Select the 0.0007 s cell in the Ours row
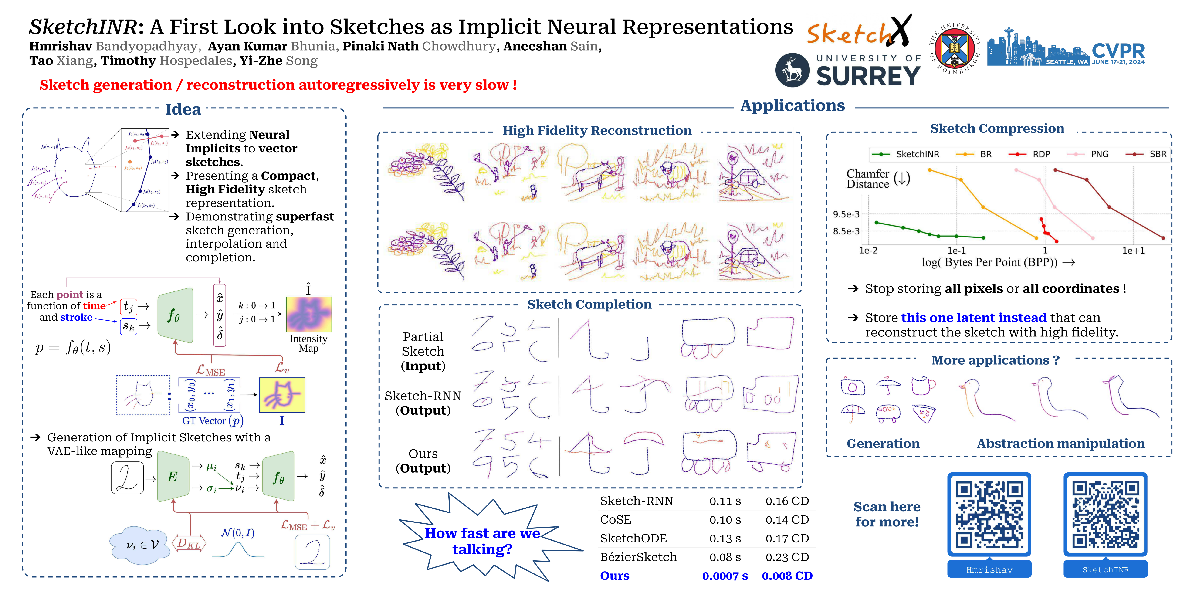pos(725,576)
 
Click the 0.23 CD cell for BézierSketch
pos(787,557)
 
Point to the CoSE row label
pos(615,520)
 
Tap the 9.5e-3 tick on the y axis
pos(846,214)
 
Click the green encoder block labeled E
pos(173,477)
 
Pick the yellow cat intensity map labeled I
pos(282,395)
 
